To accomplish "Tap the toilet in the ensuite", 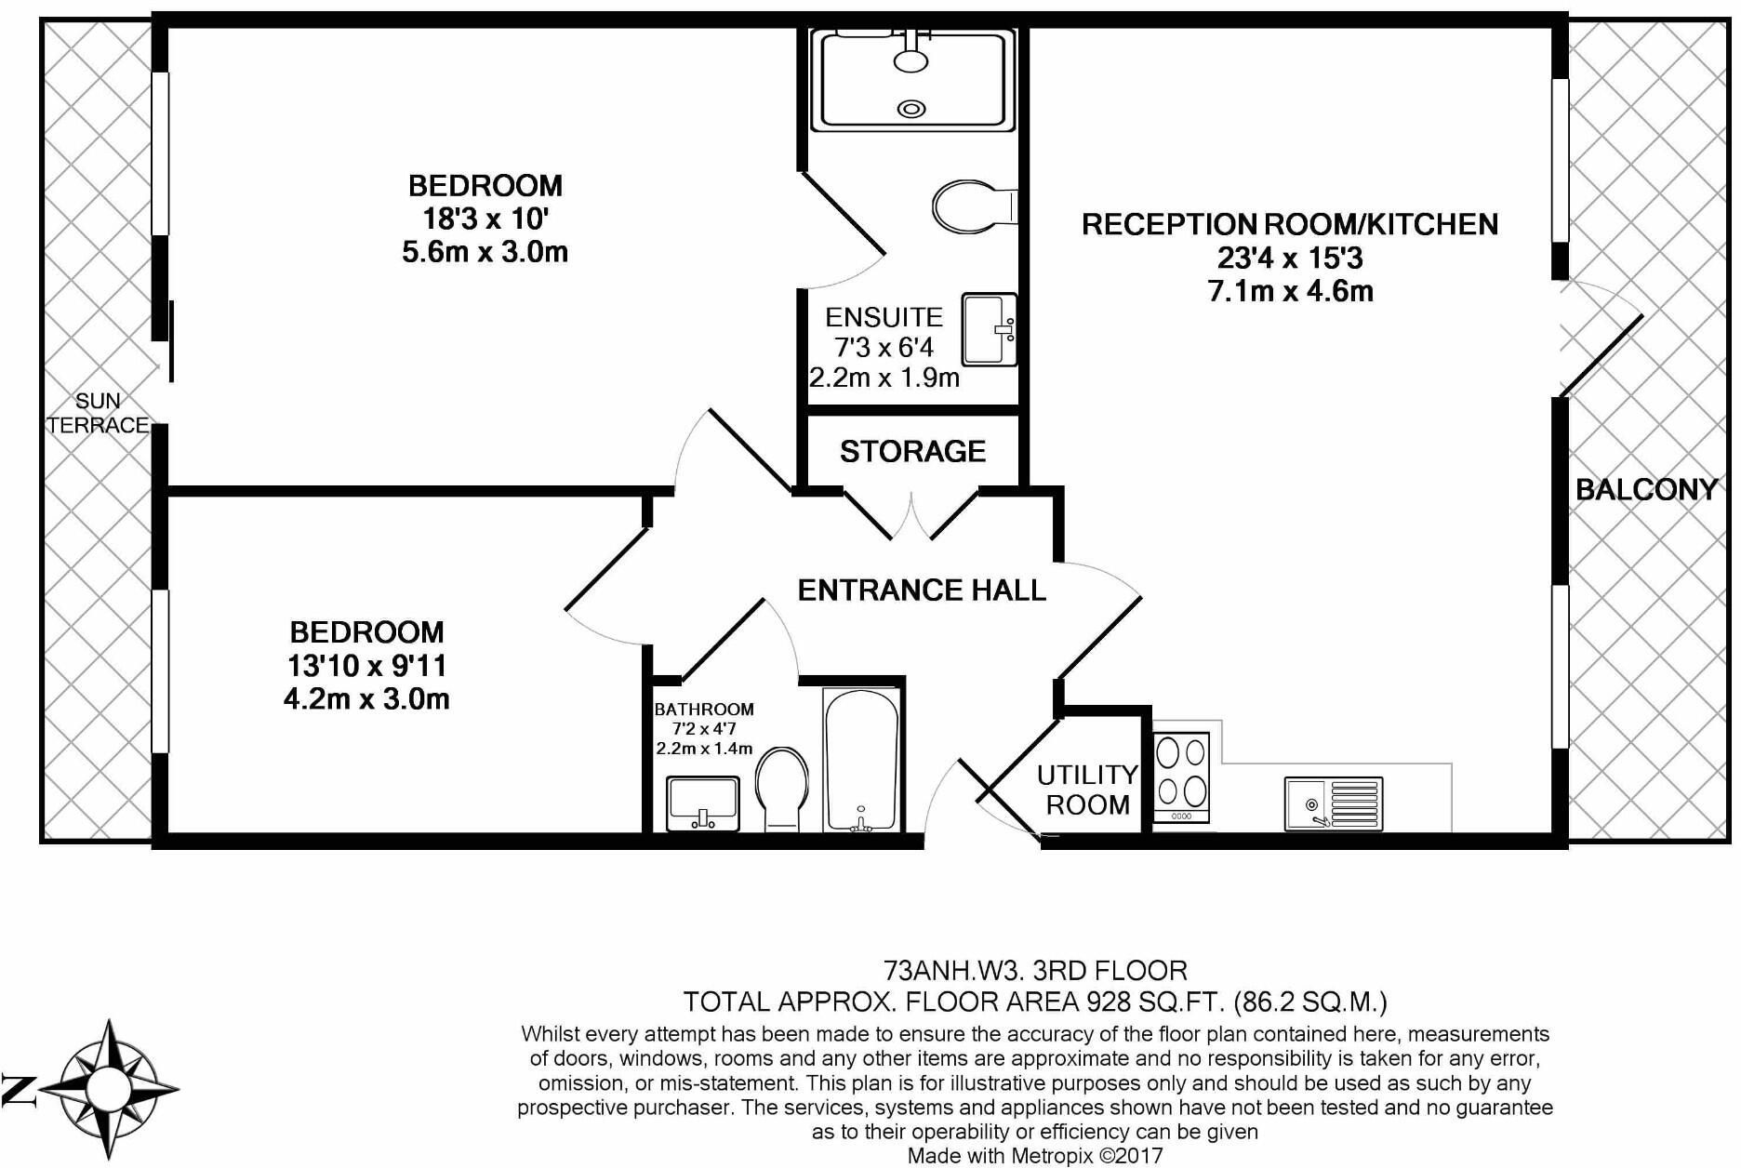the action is click(974, 206).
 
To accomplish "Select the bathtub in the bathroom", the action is click(861, 760).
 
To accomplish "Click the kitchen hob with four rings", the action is click(1181, 777).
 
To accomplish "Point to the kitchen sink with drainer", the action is click(1334, 803).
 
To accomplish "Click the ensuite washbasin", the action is click(990, 329).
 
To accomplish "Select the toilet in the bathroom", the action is click(781, 790).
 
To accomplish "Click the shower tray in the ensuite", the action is click(911, 80).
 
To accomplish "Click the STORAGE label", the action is click(912, 452).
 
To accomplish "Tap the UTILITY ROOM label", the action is click(1087, 790).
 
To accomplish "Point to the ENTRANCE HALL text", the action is click(922, 590).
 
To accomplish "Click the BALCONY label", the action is click(1645, 489).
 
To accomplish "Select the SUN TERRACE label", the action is click(98, 413).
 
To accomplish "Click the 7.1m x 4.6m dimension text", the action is click(1290, 291).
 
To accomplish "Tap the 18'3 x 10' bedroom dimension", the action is click(485, 219).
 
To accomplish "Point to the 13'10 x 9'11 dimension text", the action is click(366, 666).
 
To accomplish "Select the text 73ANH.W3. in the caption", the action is click(954, 971).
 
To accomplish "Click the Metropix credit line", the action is click(1035, 1156).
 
